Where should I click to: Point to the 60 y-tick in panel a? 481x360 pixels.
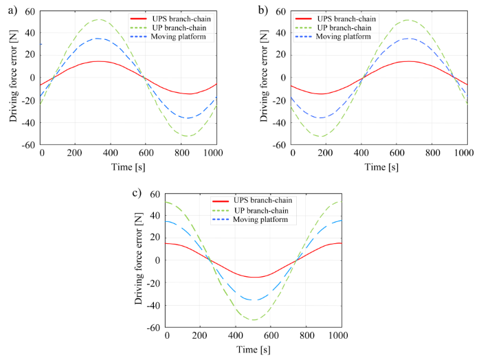(x=30, y=11)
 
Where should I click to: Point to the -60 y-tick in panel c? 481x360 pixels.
(x=152, y=328)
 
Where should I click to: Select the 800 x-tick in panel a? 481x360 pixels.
(x=186, y=153)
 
